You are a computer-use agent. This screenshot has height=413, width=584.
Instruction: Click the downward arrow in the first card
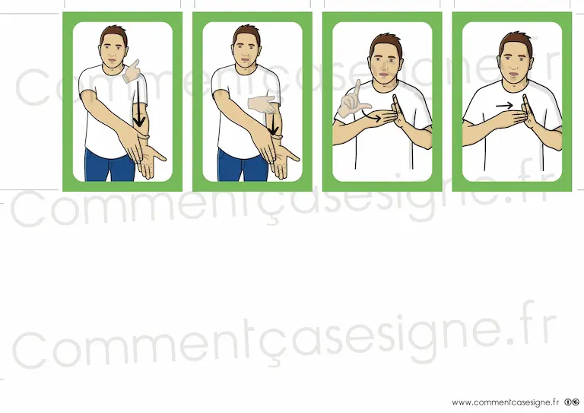click(x=139, y=104)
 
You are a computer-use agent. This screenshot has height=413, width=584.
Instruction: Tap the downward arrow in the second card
click(x=273, y=124)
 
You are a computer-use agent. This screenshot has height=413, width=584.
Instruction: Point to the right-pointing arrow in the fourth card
click(x=504, y=106)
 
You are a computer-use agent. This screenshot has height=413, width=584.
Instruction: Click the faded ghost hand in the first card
click(x=132, y=71)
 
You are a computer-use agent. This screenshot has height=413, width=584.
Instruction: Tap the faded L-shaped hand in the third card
click(x=353, y=100)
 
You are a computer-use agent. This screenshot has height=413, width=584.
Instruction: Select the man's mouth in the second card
click(x=245, y=60)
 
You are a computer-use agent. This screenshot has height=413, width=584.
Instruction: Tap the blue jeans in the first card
click(x=109, y=165)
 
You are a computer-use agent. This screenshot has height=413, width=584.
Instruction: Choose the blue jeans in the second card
click(x=242, y=165)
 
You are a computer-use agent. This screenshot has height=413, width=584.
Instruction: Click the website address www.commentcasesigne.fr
click(x=506, y=402)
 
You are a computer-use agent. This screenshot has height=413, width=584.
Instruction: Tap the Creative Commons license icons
click(x=572, y=402)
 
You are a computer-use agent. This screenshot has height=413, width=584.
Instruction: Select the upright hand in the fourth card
click(x=529, y=112)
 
